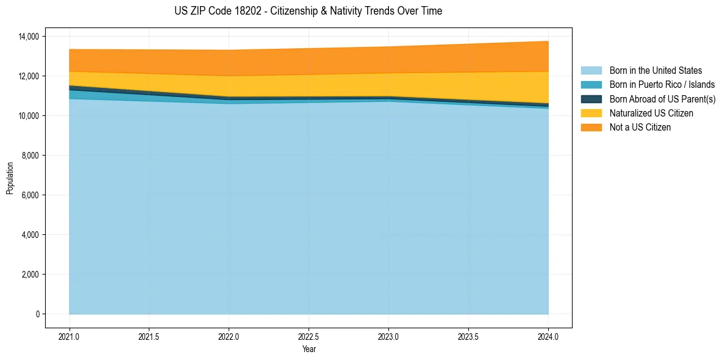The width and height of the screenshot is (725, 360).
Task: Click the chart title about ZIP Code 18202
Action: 308,11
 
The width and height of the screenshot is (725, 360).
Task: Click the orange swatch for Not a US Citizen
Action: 591,128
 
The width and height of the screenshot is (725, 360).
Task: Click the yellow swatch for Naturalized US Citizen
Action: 591,113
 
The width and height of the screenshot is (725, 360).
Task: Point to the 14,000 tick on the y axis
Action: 28,37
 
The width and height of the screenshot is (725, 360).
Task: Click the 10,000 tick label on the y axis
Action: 28,116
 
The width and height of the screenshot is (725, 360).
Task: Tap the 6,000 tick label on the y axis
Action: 30,195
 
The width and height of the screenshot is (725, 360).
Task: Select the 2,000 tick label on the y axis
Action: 30,275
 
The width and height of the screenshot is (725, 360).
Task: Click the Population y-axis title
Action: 10,178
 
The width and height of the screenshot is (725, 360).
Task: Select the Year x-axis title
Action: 309,349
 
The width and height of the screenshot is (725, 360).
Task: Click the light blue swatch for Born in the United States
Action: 591,71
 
